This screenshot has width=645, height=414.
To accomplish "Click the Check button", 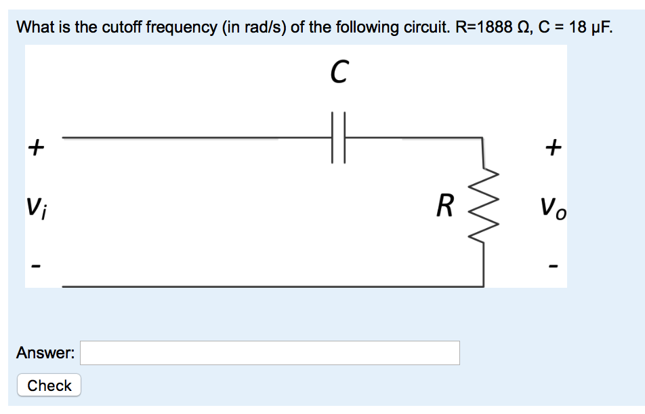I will coord(49,385).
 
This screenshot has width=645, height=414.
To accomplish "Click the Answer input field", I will coord(270,353).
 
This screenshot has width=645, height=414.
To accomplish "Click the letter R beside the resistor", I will coord(444,206).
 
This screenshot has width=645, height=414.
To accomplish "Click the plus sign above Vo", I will coord(554,146).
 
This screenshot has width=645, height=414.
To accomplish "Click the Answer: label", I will coord(45,353).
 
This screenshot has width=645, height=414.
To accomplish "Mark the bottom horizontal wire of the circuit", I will coord(271,286).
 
